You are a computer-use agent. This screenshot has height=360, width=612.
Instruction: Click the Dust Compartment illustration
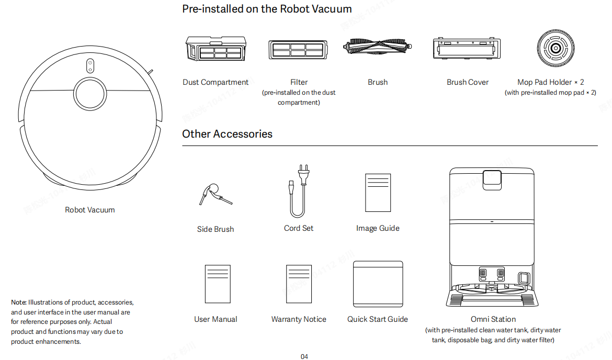pyautogui.click(x=216, y=50)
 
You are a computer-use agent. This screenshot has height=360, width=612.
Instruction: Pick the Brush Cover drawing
pyautogui.click(x=464, y=50)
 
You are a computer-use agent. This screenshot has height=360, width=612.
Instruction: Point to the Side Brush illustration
pyautogui.click(x=214, y=195)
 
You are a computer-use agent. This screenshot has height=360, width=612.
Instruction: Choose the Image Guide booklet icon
pyautogui.click(x=378, y=192)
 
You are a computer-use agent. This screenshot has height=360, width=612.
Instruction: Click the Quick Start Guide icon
pyautogui.click(x=378, y=284)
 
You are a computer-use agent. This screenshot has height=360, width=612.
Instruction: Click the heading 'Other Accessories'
pyautogui.click(x=227, y=134)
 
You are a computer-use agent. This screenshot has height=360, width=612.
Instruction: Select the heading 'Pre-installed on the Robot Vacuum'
pyautogui.click(x=267, y=9)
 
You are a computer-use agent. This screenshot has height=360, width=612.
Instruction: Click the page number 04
pyautogui.click(x=304, y=356)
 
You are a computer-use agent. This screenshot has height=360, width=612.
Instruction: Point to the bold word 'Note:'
pyautogui.click(x=19, y=302)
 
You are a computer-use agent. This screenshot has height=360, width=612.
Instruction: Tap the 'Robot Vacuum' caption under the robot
pyautogui.click(x=90, y=210)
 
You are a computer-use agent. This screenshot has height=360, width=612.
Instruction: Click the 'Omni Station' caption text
pyautogui.click(x=493, y=319)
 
